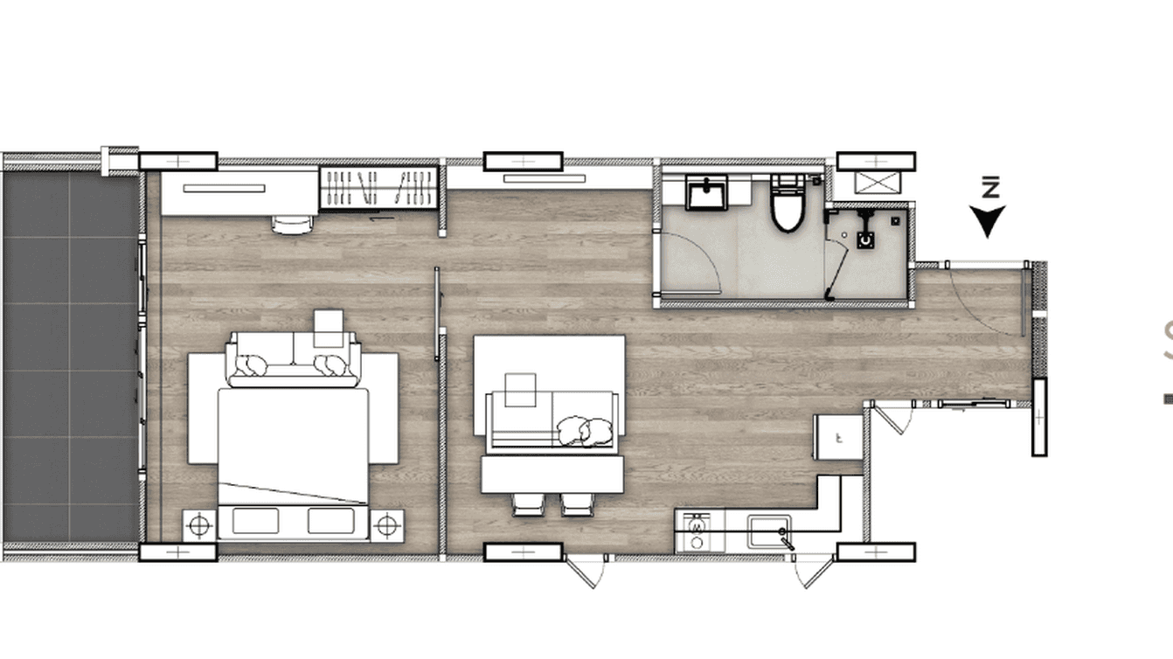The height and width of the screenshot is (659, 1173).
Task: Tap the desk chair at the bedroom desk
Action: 292,225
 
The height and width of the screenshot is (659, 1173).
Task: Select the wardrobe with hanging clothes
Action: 378,187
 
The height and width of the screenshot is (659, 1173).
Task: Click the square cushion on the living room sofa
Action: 521,390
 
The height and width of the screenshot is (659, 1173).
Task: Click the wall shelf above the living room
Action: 544,178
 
